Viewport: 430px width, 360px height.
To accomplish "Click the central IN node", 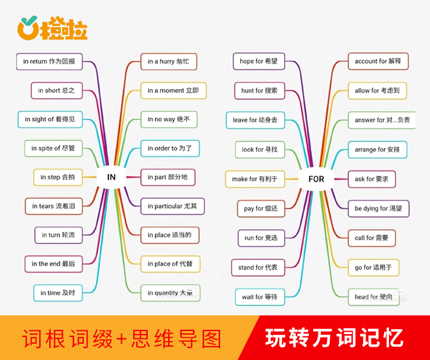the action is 112,177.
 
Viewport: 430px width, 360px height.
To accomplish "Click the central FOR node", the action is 316,179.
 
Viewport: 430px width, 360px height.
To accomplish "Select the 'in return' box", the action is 49,62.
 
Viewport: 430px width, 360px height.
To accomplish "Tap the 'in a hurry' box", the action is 169,62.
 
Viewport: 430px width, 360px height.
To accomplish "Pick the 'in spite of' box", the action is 53,148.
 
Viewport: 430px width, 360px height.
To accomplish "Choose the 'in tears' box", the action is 54,206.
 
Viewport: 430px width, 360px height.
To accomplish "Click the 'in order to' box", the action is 170,148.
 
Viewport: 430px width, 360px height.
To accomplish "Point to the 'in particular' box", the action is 172,206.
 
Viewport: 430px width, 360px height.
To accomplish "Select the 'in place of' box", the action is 170,264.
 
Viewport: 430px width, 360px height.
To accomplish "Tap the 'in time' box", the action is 58,293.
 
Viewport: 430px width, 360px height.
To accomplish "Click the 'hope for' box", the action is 259,61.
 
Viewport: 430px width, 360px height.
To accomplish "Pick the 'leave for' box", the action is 255,120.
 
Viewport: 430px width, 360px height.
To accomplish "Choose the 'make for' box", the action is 255,179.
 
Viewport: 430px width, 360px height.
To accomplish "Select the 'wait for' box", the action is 260,297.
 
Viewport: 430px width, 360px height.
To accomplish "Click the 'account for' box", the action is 378,61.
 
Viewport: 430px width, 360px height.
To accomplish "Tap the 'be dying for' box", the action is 379,209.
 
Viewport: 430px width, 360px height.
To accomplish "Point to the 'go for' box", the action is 373,268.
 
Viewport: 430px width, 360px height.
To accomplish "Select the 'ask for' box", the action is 372,179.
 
